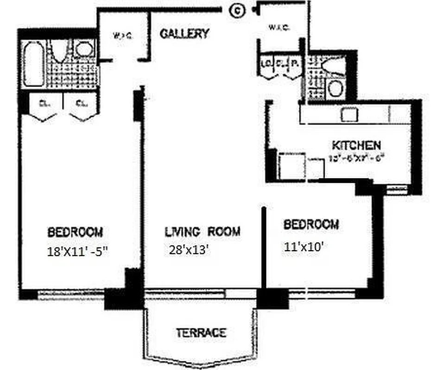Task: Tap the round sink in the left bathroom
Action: [84, 49]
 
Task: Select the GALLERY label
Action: [184, 34]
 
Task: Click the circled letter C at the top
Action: [238, 11]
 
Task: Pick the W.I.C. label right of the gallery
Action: [279, 28]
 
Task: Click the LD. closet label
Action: [266, 63]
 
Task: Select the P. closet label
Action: [294, 63]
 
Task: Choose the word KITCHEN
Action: [356, 145]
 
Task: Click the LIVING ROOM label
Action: [203, 231]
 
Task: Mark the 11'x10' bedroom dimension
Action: [303, 247]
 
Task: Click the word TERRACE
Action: [201, 332]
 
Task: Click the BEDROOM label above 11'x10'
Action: [311, 225]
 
